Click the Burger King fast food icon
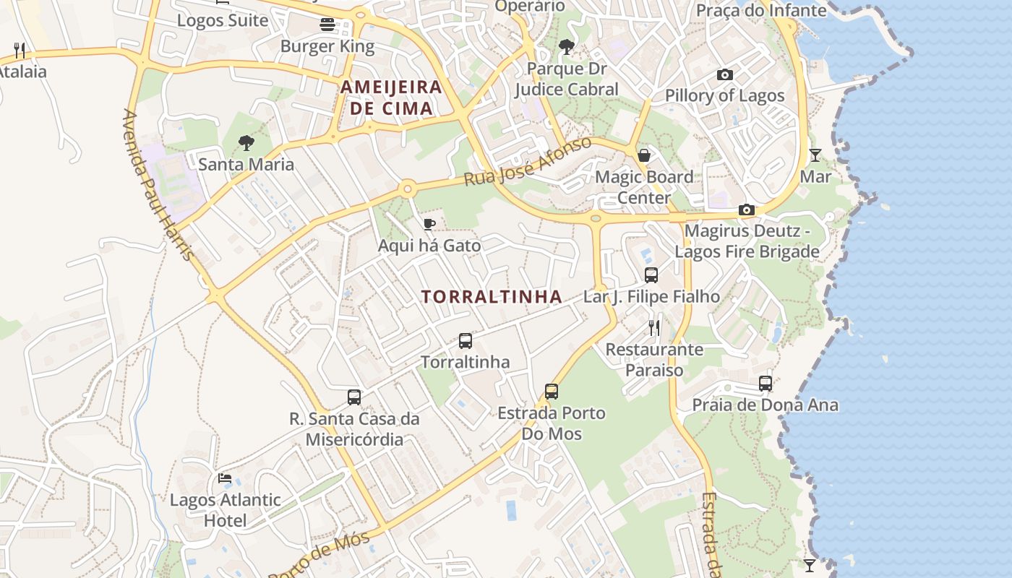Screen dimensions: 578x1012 click(x=327, y=25)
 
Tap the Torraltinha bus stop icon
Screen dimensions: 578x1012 click(x=466, y=340)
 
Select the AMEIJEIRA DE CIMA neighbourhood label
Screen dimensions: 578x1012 click(x=391, y=98)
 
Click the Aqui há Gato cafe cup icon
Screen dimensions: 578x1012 click(x=429, y=224)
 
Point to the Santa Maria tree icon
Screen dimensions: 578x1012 click(x=246, y=142)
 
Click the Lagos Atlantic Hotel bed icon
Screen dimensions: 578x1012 click(x=225, y=478)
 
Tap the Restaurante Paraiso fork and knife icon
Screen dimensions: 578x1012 click(x=654, y=328)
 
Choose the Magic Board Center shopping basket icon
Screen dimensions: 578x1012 click(x=643, y=155)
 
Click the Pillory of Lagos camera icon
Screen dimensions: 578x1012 click(x=725, y=74)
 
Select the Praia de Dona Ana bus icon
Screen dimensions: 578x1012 click(x=766, y=383)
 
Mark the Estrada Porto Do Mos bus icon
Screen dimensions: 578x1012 click(x=552, y=392)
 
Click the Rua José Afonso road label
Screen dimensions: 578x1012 click(x=528, y=161)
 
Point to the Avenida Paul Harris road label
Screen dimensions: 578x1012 click(x=158, y=185)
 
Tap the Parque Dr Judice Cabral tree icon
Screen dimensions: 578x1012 click(x=567, y=47)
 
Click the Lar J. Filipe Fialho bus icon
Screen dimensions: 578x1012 click(x=651, y=275)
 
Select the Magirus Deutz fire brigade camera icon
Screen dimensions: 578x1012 click(x=747, y=210)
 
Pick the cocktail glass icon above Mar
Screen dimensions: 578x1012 click(x=815, y=155)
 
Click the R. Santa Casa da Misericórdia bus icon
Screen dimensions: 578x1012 click(x=354, y=397)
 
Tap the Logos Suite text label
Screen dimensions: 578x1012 click(x=223, y=20)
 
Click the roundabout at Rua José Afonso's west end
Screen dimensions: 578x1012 click(x=408, y=189)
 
